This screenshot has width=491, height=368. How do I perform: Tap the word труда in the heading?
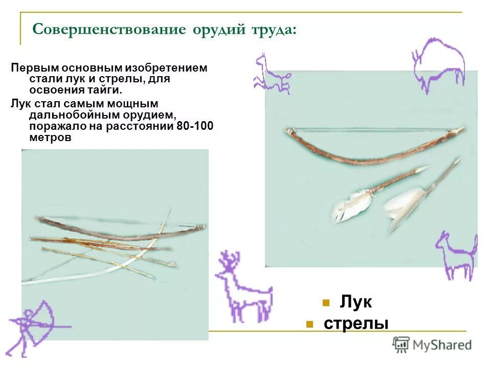273,29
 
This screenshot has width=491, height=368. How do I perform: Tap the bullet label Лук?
355,302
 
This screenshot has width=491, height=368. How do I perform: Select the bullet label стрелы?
356,324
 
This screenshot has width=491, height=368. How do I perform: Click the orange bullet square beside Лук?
325,303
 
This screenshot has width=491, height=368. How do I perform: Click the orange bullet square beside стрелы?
308,324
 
